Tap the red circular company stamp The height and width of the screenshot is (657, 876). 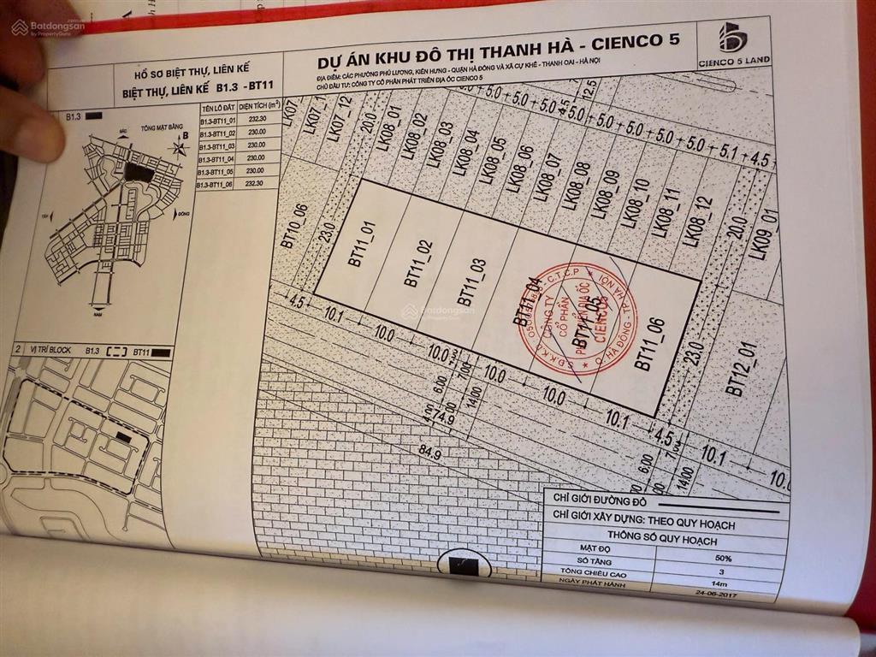[577, 317]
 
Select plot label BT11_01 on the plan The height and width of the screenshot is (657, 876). [361, 245]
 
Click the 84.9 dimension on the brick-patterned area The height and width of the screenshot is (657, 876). [431, 454]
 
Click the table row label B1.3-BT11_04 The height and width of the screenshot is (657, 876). [216, 158]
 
